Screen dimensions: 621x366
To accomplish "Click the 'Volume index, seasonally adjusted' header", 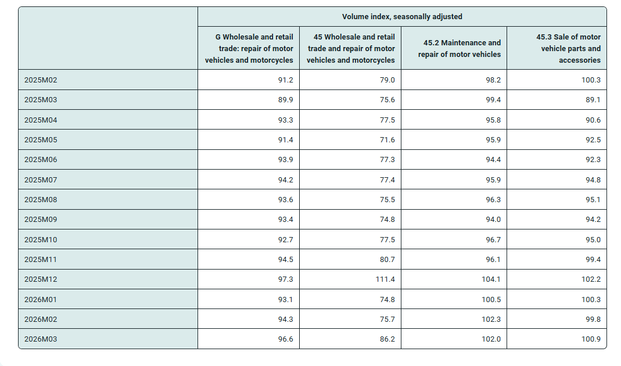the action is (x=402, y=17).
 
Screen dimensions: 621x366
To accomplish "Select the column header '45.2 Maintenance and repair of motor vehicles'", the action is (x=460, y=48).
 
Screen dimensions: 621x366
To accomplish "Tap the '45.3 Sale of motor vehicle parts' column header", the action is (x=568, y=48).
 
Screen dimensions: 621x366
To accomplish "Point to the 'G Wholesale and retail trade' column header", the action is (x=249, y=48).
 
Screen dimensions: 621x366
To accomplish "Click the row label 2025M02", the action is (x=41, y=80).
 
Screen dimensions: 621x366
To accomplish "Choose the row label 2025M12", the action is (x=41, y=279).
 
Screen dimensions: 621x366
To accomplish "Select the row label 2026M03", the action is (x=41, y=339).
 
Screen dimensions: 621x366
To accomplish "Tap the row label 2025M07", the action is (x=41, y=180).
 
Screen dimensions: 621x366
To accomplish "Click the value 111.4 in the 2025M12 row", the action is (x=385, y=279).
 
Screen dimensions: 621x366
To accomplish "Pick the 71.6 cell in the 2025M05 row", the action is (x=387, y=140).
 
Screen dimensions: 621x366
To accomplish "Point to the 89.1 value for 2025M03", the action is (x=593, y=100).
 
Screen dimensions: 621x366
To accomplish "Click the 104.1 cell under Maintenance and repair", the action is (x=491, y=279).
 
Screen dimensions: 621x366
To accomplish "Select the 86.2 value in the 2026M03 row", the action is (x=387, y=339).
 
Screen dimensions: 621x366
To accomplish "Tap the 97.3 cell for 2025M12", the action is (x=286, y=279).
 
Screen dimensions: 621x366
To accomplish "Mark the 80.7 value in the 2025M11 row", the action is (x=387, y=260).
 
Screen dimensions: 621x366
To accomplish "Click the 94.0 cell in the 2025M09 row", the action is (x=493, y=220).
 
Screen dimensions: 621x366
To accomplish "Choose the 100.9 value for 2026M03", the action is (x=591, y=339).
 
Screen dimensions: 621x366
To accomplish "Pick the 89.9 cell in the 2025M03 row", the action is (x=286, y=100).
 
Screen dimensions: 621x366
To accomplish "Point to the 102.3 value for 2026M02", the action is (x=491, y=320).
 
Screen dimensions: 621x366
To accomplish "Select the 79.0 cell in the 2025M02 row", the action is (x=387, y=80).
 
